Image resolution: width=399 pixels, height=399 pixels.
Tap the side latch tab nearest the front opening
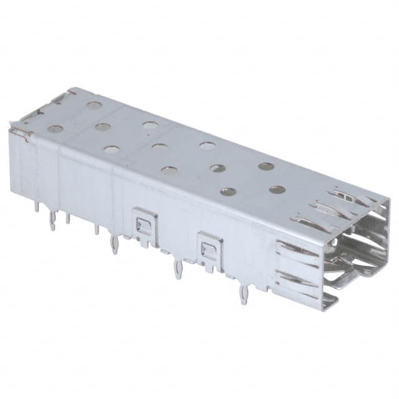click(x=209, y=249)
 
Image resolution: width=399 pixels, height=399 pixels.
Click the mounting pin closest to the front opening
click(x=244, y=292)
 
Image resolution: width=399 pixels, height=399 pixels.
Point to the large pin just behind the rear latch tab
click(x=113, y=244)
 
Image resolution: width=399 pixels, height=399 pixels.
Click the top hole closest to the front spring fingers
click(x=277, y=190)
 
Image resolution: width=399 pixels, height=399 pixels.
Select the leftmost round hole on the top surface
click(x=55, y=129)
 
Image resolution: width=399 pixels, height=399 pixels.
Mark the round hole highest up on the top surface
click(x=94, y=105)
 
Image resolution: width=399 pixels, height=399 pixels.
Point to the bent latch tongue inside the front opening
click(x=349, y=274)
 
